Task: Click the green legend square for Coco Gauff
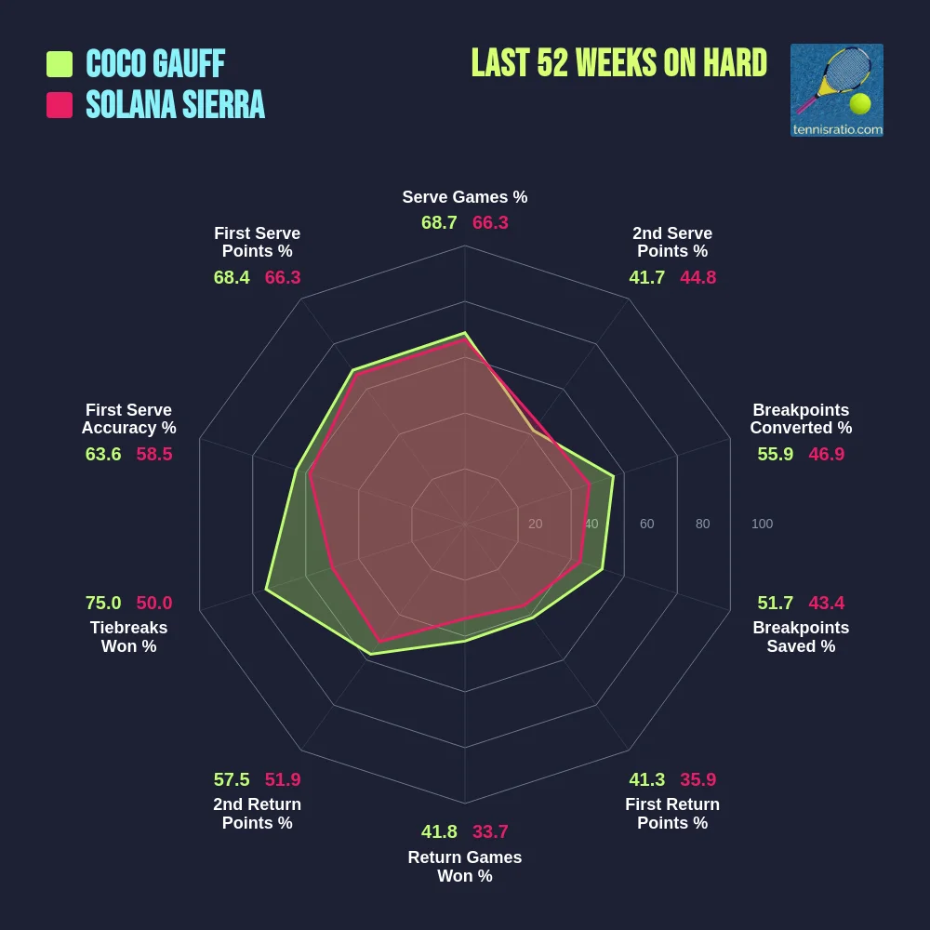pos(60,64)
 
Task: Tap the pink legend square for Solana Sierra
pos(60,105)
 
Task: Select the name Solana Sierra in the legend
pos(175,105)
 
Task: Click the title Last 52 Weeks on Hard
pos(618,63)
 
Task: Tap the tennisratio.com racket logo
pos(836,90)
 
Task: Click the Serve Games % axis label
pos(464,197)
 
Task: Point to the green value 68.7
pos(439,223)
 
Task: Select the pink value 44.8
pos(697,277)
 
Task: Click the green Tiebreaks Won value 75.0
pos(103,603)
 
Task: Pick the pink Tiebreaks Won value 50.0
pos(154,603)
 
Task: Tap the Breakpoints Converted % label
pos(801,419)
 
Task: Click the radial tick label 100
pos(762,525)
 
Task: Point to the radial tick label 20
pos(535,525)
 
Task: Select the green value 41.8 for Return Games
pos(439,831)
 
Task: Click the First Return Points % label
pos(672,814)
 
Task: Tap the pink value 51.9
pos(283,779)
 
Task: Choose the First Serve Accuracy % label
pos(128,419)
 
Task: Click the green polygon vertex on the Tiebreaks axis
pos(266,590)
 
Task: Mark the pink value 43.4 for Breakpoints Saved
pos(827,603)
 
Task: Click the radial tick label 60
pos(646,525)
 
